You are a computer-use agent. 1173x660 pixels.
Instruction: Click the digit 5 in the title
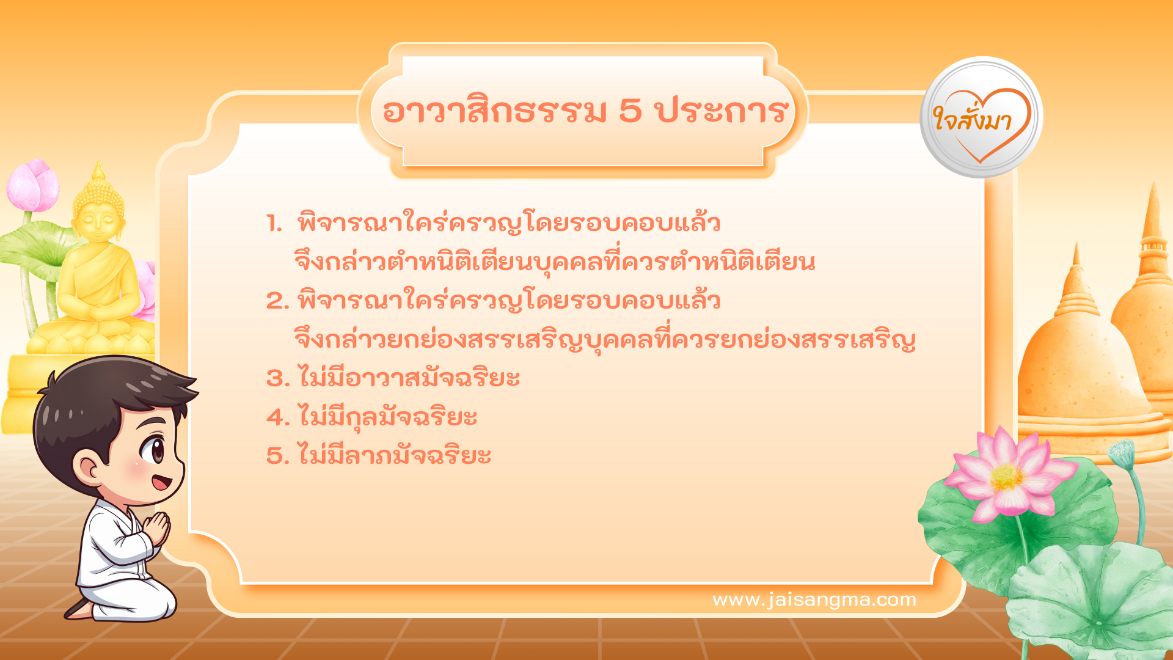pyautogui.click(x=630, y=111)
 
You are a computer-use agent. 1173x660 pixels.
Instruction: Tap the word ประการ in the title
pyautogui.click(x=722, y=111)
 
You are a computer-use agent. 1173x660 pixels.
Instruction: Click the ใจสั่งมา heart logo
pyautogui.click(x=981, y=118)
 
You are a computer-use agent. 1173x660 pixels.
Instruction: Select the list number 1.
pyautogui.click(x=274, y=224)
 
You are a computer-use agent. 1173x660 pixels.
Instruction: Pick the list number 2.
pyautogui.click(x=277, y=301)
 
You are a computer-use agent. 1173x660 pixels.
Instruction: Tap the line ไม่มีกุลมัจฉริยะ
pyautogui.click(x=387, y=417)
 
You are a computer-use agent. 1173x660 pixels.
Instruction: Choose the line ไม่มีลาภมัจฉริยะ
pyautogui.click(x=394, y=456)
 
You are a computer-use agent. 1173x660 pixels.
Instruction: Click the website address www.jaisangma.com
pyautogui.click(x=814, y=599)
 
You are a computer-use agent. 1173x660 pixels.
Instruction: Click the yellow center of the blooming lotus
pyautogui.click(x=1006, y=477)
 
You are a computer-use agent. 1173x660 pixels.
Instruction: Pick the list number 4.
pyautogui.click(x=277, y=417)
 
